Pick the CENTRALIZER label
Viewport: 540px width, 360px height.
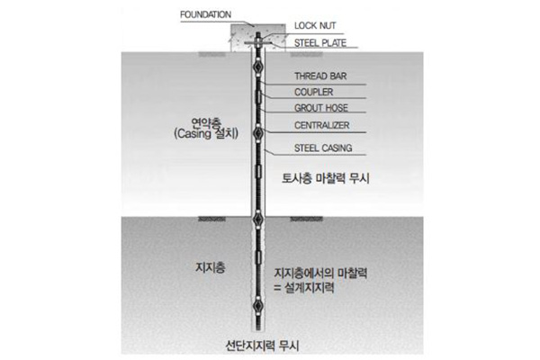pos(322,126)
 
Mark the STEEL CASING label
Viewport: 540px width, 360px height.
pos(322,148)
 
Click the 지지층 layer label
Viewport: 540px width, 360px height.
pos(210,267)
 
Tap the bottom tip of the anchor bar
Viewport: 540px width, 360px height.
pos(257,328)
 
